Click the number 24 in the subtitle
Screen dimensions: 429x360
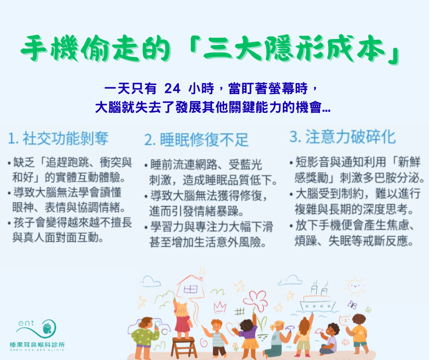pos(173,89)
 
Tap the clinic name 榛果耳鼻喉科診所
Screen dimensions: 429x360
pos(37,344)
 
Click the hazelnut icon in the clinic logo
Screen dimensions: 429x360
pos(47,328)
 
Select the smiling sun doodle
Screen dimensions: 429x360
pos(355,286)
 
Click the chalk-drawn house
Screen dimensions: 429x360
pos(191,286)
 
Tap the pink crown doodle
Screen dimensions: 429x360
pos(220,307)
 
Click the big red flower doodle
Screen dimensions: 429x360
pos(255,300)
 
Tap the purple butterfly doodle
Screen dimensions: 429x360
pos(352,305)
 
